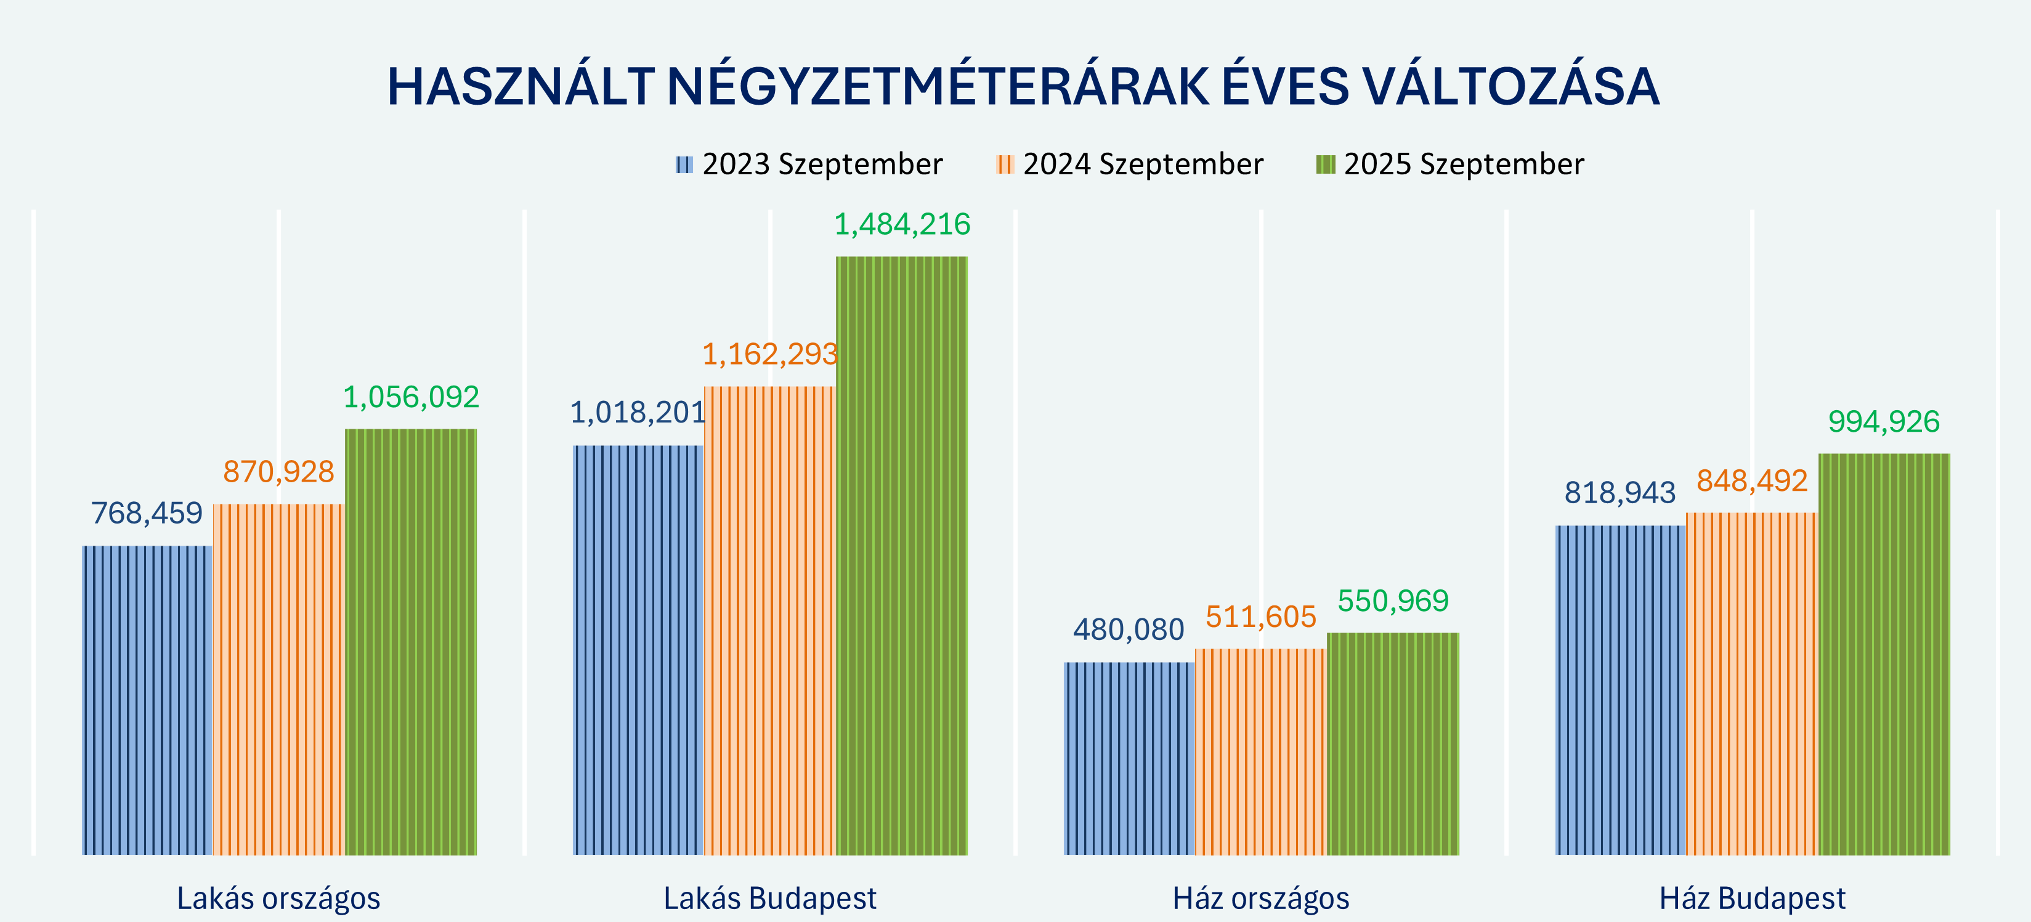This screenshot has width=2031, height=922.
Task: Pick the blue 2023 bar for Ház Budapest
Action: click(x=1620, y=690)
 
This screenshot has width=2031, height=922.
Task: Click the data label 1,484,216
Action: click(x=902, y=225)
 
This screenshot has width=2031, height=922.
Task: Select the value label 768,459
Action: click(x=147, y=513)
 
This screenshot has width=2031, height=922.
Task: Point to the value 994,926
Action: click(x=1884, y=422)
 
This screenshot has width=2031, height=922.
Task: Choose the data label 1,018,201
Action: click(x=637, y=412)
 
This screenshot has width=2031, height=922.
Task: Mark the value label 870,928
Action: click(x=279, y=471)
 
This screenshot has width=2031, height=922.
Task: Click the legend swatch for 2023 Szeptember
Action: click(x=684, y=164)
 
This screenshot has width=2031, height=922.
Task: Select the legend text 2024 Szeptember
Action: click(x=1143, y=164)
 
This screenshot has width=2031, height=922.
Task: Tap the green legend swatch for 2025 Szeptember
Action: click(x=1325, y=164)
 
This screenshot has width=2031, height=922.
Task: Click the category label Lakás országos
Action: click(x=278, y=899)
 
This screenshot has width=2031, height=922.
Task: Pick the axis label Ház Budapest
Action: click(x=1752, y=899)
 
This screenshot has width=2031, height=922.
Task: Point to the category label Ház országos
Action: click(x=1261, y=899)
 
